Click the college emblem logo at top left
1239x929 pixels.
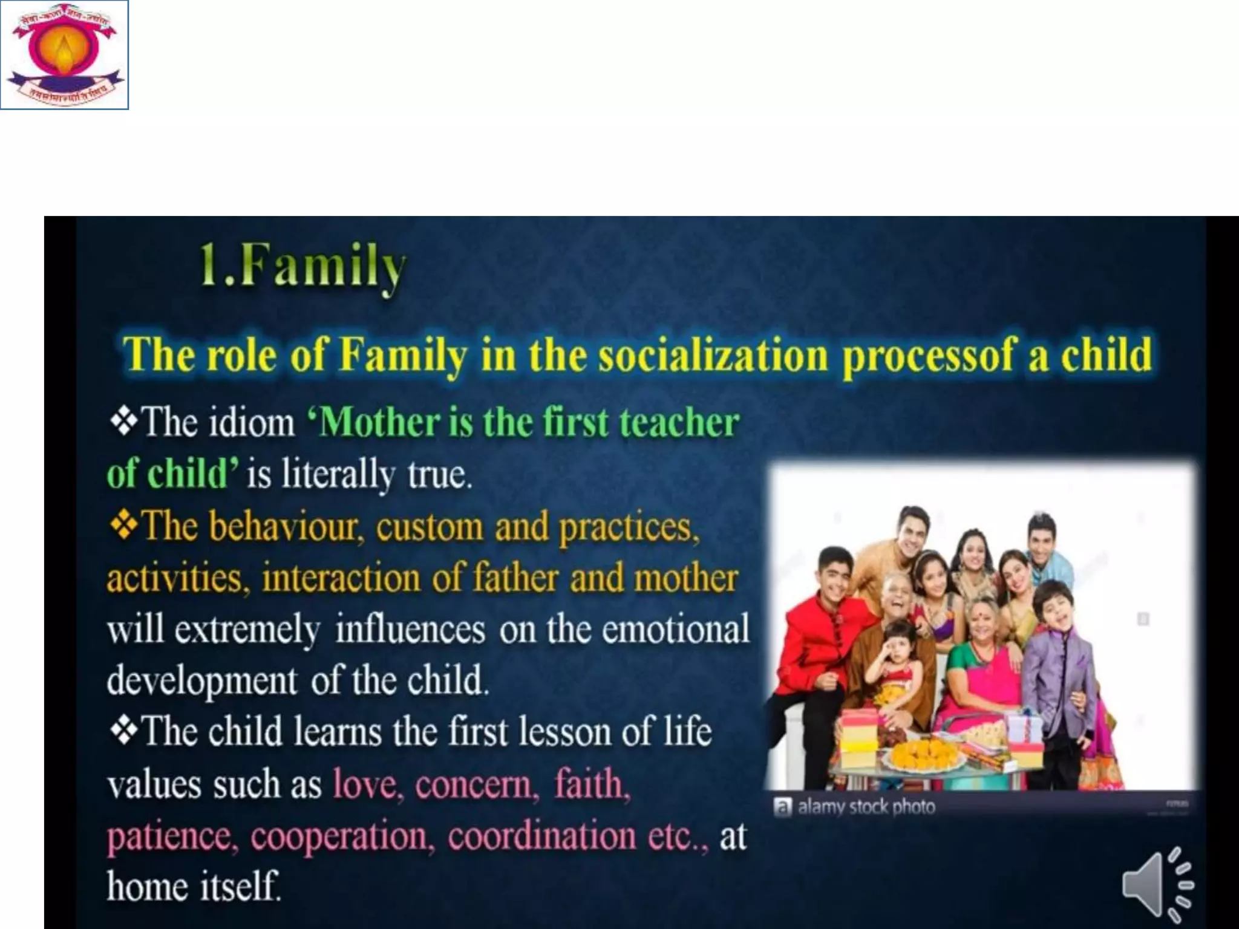65,55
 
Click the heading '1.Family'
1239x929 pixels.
302,267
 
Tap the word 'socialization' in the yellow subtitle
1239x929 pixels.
713,356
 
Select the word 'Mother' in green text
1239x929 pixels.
379,422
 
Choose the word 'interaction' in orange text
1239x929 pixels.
341,578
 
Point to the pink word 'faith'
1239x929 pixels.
592,784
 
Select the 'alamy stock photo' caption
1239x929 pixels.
866,807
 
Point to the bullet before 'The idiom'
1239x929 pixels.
123,422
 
